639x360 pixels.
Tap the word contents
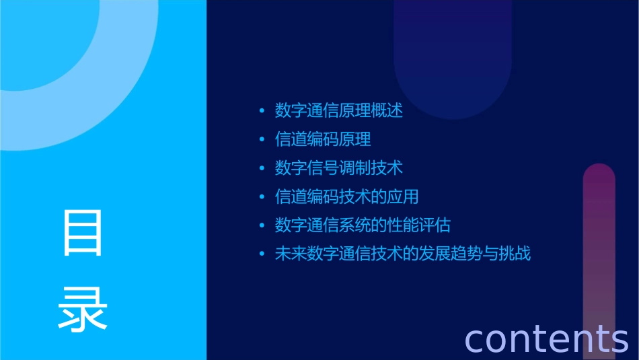click(x=546, y=338)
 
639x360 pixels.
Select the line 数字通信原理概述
click(x=339, y=110)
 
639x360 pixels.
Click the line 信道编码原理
click(x=323, y=139)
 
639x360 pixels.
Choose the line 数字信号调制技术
click(x=339, y=168)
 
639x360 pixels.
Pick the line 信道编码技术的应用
click(x=347, y=196)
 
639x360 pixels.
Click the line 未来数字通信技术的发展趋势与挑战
click(x=403, y=254)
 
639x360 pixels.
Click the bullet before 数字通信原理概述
click(x=262, y=111)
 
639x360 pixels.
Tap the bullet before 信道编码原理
click(x=262, y=140)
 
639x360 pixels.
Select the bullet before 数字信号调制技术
click(x=262, y=168)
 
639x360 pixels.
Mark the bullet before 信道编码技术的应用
click(x=262, y=197)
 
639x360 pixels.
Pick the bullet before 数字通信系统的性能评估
click(x=262, y=225)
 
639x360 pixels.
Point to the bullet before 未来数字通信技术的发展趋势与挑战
click(x=262, y=254)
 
